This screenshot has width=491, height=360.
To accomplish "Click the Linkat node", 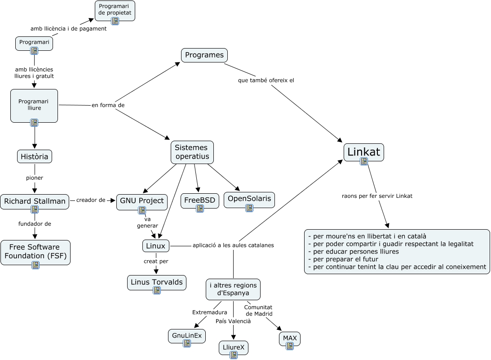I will click(363, 151).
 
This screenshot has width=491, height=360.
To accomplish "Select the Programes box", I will click(204, 55).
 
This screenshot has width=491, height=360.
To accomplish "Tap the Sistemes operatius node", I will click(192, 152).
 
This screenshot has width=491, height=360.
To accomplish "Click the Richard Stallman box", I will click(35, 201).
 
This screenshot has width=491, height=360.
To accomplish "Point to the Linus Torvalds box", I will click(156, 282).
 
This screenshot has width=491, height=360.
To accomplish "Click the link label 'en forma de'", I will click(108, 105).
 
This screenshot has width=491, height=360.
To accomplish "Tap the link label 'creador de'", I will click(90, 200).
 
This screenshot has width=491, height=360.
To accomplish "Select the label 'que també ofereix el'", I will click(266, 80).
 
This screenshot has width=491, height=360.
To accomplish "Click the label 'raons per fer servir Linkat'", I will click(377, 196).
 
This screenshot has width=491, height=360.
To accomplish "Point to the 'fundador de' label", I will click(35, 224).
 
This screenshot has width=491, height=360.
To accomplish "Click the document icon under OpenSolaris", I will click(249, 208).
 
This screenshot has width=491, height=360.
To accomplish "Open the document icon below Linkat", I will click(364, 161).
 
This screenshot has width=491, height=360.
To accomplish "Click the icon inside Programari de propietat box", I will click(115, 21).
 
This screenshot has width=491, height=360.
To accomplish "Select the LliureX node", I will click(234, 348).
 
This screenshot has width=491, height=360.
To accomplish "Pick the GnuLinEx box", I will click(187, 335).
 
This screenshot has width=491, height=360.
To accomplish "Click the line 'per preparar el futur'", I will click(343, 259).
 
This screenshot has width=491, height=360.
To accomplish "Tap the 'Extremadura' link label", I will click(207, 312).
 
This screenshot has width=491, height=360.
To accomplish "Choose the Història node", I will click(35, 156).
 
